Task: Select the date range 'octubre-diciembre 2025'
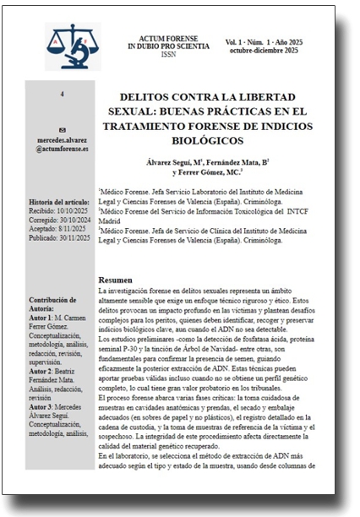pos(280,50)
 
